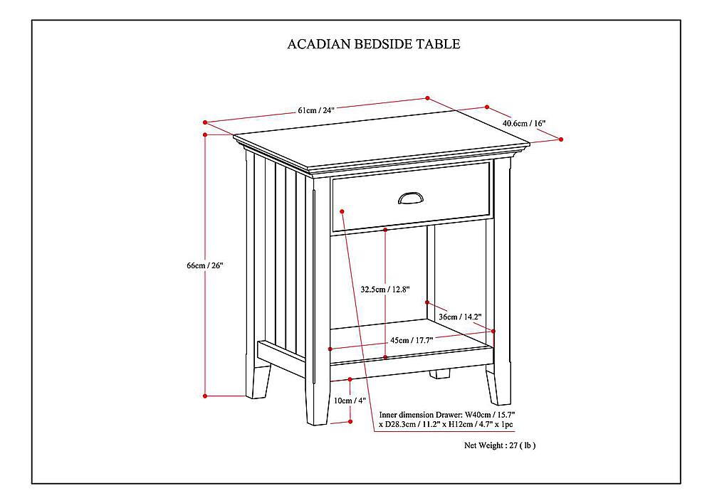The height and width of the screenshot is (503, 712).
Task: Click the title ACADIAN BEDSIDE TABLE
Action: [x=373, y=44]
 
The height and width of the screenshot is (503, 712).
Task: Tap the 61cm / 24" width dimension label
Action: [x=316, y=110]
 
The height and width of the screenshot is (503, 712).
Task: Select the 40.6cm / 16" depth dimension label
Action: [x=523, y=123]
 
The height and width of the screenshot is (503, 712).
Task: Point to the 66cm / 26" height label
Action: [x=205, y=265]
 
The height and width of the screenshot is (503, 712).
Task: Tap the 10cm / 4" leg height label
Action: [x=350, y=401]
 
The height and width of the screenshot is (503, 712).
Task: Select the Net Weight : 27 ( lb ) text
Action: [x=500, y=445]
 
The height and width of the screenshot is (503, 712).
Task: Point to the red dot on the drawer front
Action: [x=343, y=211]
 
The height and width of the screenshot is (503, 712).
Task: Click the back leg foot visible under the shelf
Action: [x=440, y=374]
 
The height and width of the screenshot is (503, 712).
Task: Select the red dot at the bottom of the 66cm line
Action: [x=205, y=396]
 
